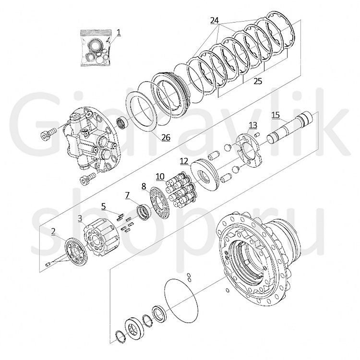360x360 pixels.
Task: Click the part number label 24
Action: pos(215,21)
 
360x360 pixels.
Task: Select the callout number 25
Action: pos(258,81)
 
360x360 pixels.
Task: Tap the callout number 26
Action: pos(166,137)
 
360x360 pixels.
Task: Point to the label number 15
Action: pos(276,115)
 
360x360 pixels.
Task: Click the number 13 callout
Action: pos(253,125)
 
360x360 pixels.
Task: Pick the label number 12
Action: pos(184,161)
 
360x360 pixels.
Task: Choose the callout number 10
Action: pos(160,177)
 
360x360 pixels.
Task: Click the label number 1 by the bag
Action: pos(119,32)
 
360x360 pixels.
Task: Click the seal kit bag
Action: pos(96,48)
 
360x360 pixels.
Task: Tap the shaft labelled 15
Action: pos(290,127)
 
